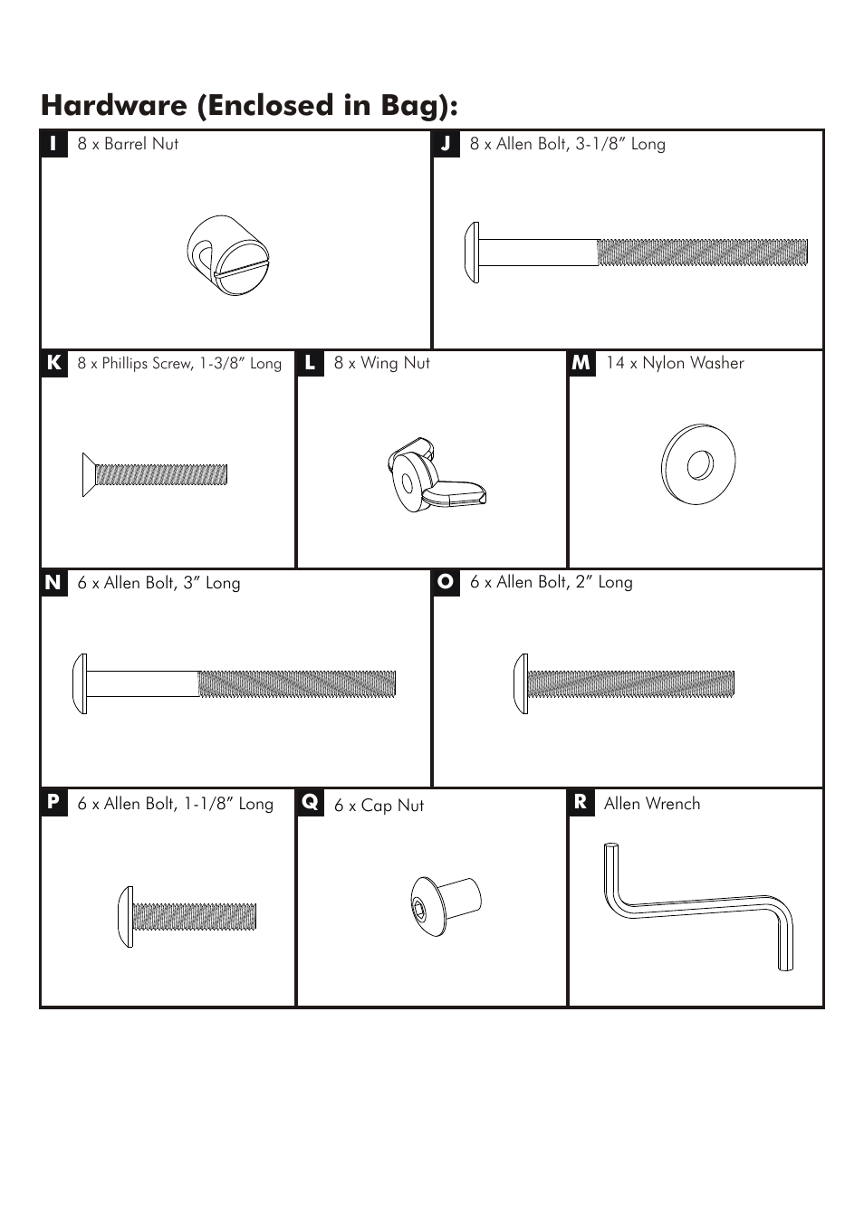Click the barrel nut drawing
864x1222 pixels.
tap(227, 255)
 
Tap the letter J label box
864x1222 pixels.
tap(446, 144)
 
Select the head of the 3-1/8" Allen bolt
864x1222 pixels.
tap(472, 252)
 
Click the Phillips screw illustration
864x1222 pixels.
tap(155, 474)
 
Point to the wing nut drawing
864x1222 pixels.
tap(437, 474)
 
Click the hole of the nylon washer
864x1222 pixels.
tap(700, 464)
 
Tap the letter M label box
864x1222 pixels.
tap(581, 363)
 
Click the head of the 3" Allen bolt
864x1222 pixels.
tap(80, 683)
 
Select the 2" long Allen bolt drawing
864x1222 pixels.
tap(624, 683)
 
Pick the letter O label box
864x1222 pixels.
tap(446, 583)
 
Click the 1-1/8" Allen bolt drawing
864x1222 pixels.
tap(187, 916)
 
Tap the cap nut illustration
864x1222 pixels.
tap(446, 907)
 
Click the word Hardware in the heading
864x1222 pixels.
tap(114, 105)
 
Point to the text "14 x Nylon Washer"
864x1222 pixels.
tap(675, 363)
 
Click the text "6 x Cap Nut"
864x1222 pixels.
tap(379, 806)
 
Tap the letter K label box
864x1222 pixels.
tap(54, 363)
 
